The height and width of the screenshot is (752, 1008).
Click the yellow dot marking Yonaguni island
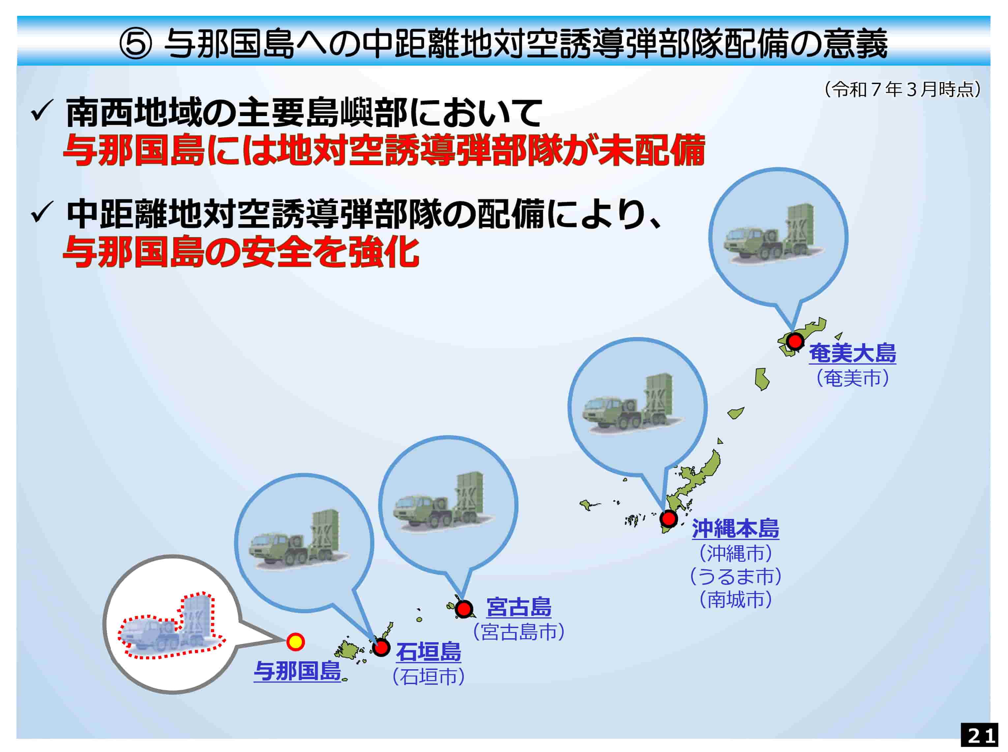click(295, 642)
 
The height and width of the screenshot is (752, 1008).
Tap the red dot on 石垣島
click(381, 647)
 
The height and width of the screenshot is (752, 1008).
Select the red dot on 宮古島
click(464, 609)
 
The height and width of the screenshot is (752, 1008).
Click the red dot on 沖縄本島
click(668, 518)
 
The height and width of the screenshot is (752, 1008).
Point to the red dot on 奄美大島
click(795, 341)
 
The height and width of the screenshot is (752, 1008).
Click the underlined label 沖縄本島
click(735, 528)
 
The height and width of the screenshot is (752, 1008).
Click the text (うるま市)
click(735, 576)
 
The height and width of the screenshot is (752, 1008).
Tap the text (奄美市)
click(852, 378)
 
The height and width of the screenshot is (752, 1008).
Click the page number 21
click(980, 735)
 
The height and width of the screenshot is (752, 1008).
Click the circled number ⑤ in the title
click(135, 44)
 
